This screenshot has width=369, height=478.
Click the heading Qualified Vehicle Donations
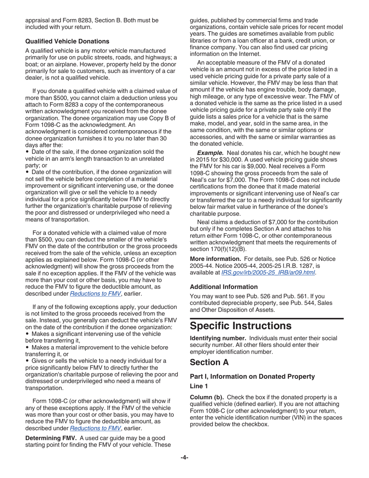(67, 41)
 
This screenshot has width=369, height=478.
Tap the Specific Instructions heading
(241, 325)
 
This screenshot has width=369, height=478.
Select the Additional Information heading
(223, 286)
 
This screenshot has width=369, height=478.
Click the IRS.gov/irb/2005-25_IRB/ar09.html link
(268, 273)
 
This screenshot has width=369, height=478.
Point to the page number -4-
(184, 457)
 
